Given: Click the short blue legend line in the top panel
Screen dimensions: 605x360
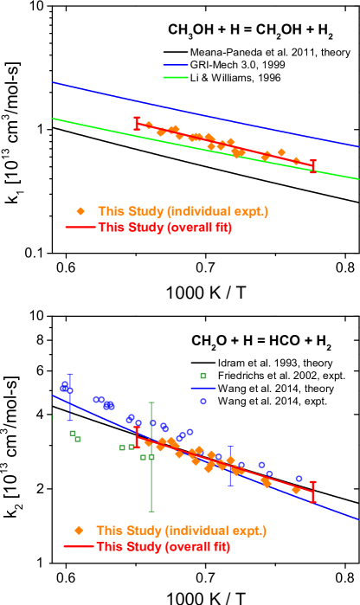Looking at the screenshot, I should point(176,65).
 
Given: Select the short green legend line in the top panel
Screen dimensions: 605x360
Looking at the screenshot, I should point(176,78).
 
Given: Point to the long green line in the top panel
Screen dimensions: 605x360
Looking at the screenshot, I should point(87,125).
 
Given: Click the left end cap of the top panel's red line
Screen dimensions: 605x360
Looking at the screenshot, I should point(136,124).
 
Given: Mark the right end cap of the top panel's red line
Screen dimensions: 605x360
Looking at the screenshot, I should point(312,165).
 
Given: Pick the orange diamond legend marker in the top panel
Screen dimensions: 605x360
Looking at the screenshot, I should point(80,211).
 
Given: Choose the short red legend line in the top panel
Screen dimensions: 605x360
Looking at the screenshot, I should point(80,228).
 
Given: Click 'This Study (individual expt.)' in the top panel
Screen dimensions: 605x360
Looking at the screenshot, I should point(183,211).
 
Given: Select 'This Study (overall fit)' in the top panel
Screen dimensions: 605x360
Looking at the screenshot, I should point(164,228).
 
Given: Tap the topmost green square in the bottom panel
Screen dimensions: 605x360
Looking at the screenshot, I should point(203,376).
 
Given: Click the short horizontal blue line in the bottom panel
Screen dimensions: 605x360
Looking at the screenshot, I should point(203,389).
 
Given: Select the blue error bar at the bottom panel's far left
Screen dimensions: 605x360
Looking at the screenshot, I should point(70,396).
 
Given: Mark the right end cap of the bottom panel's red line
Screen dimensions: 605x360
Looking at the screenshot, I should point(312,492).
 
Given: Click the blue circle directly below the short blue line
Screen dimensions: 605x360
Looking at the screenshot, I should point(203,401).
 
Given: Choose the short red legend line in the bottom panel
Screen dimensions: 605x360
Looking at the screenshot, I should point(79,547).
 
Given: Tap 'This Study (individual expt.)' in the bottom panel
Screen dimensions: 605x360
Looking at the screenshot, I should point(181,531).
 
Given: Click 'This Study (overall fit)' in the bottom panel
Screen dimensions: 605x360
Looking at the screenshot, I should point(163,547).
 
